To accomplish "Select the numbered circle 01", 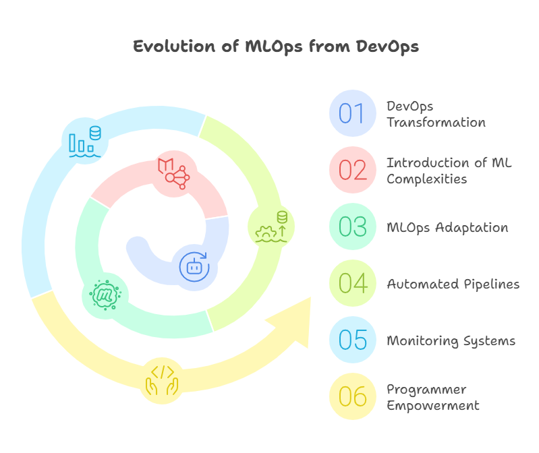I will point(352,113).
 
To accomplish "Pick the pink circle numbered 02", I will point(352,170).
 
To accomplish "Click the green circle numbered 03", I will point(352,227).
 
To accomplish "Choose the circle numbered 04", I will point(352,284).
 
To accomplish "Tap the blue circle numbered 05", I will point(352,340).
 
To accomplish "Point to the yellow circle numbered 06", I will point(352,397).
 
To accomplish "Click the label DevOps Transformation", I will point(435,114).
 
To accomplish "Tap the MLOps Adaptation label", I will point(447,227).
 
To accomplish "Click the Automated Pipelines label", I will point(453,284).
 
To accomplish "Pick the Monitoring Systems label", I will point(450,340).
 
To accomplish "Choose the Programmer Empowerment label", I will point(432,397).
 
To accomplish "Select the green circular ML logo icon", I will point(105,294).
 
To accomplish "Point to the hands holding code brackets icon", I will point(162,379).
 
